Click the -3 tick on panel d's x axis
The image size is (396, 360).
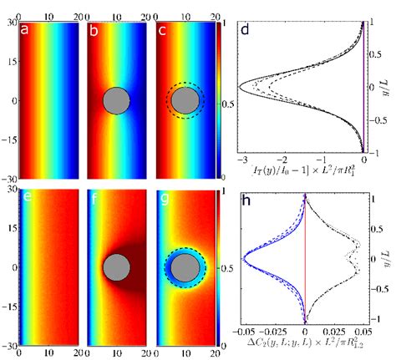tap(241, 181)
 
